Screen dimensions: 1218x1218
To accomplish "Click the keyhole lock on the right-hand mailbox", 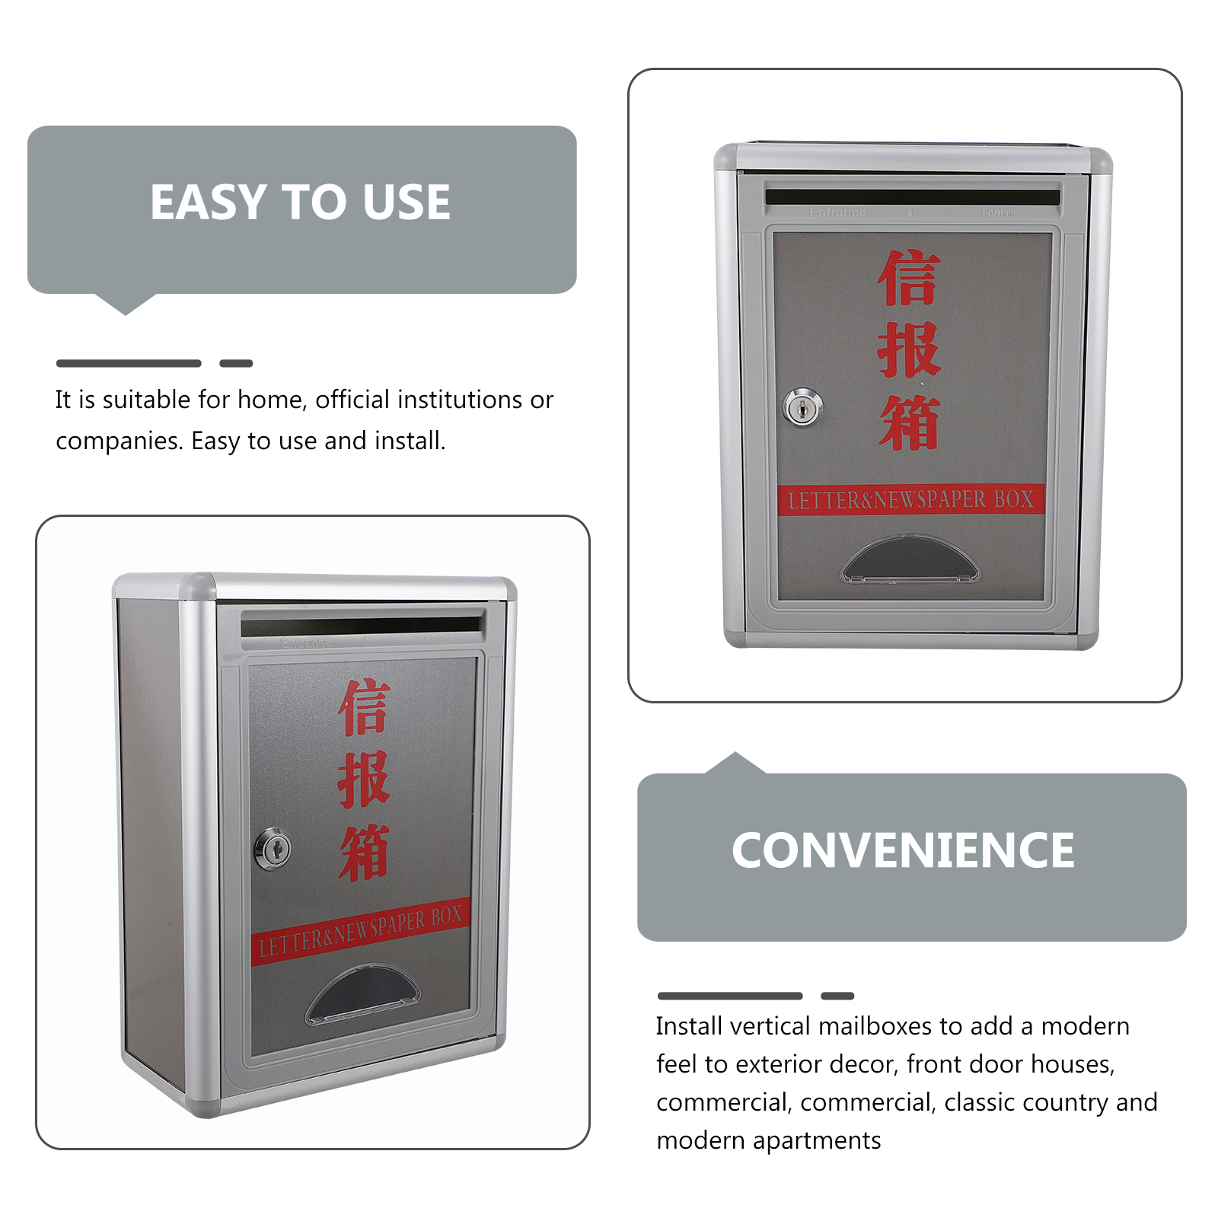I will pos(802,408).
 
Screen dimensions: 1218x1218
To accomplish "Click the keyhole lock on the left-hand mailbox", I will pos(273,848).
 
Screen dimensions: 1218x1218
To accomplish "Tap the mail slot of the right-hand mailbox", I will pos(912,197).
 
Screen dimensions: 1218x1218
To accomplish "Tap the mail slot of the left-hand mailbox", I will pos(362,627).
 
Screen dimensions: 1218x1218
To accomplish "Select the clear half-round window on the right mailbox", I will pos(910,560).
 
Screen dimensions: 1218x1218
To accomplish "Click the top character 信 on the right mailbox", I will pos(909,279).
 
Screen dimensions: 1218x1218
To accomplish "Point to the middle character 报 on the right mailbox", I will pos(909,350).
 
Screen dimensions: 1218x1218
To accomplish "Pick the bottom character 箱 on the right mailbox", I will pos(909,422).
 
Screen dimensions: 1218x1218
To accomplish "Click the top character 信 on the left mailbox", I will pos(364,708).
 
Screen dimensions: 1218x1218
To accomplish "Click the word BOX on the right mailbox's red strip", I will pos(1014,499).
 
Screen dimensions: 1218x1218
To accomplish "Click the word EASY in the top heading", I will pos(207,202).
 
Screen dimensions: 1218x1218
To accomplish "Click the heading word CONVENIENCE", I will pos(903,850).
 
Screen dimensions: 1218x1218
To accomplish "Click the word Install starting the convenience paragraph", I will pos(689,1026).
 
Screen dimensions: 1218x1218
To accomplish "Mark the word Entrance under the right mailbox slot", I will pos(837,212).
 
